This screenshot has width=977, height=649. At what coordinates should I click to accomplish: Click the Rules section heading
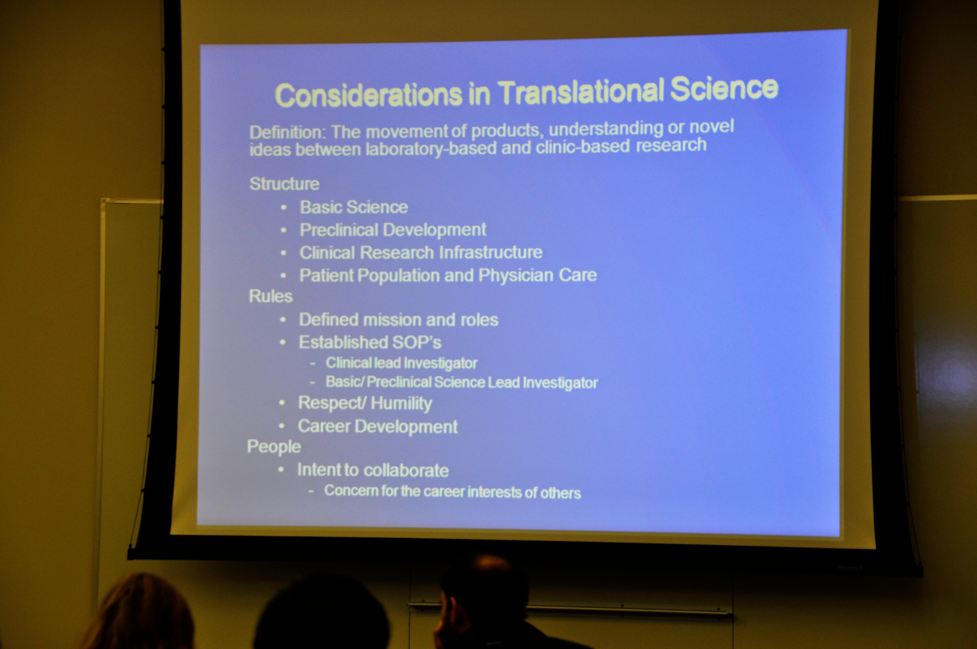coord(271,296)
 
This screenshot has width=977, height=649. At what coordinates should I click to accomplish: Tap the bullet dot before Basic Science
coord(283,207)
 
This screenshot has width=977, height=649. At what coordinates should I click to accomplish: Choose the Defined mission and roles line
coord(399,319)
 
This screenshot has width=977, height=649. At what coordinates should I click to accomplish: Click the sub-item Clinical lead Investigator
coord(401,363)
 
